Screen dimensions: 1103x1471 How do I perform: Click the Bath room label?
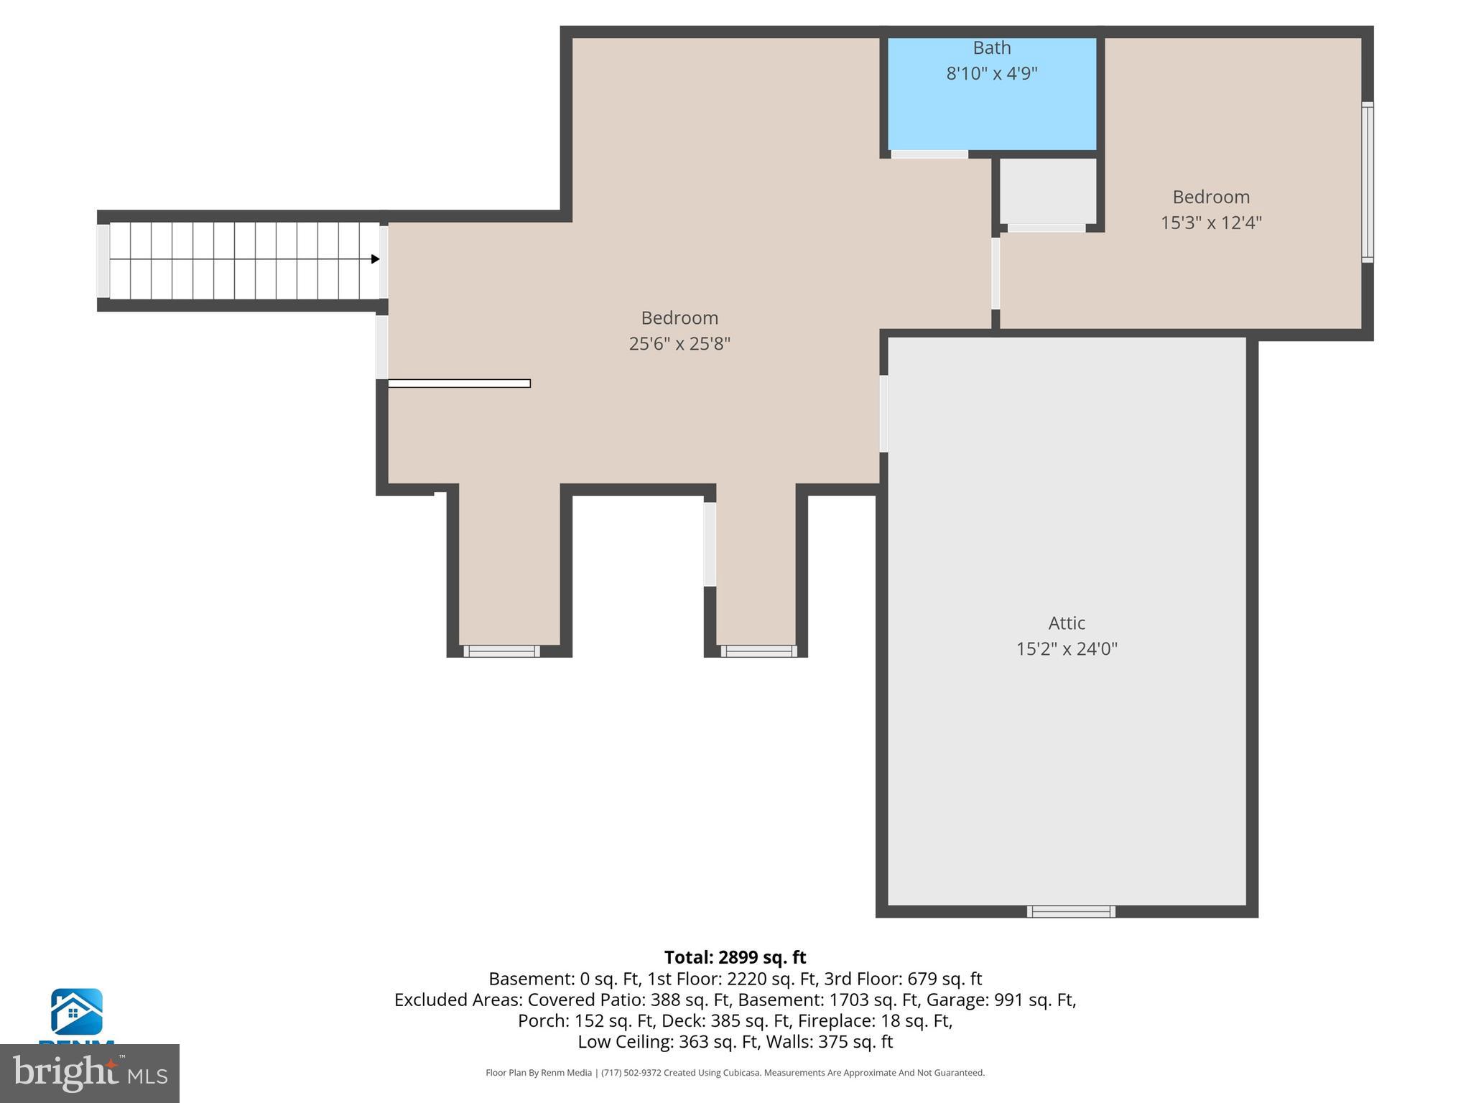(991, 48)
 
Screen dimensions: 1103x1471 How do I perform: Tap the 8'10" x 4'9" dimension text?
(991, 73)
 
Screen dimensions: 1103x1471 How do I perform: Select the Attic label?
(1066, 623)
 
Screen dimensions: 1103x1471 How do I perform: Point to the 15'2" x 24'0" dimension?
(1066, 649)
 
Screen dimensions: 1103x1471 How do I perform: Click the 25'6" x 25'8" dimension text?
(679, 344)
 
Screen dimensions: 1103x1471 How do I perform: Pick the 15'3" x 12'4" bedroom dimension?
(1210, 223)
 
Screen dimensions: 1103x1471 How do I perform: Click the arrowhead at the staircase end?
(375, 259)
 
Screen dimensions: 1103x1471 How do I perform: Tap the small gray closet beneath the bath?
(1047, 191)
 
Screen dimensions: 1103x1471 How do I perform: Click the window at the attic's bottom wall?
(1070, 911)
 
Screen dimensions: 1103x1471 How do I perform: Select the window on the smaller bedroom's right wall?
(1367, 182)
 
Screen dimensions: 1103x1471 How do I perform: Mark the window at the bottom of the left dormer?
(501, 651)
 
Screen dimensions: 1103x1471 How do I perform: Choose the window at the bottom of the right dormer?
(758, 651)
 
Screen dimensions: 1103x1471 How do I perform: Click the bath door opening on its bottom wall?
(929, 154)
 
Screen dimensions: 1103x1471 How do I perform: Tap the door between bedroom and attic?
(883, 414)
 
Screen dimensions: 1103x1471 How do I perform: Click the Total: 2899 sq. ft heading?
(735, 957)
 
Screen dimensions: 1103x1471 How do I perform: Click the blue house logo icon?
(76, 1011)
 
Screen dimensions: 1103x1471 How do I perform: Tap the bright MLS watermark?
(89, 1073)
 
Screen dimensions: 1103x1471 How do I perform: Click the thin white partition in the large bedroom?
(459, 383)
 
